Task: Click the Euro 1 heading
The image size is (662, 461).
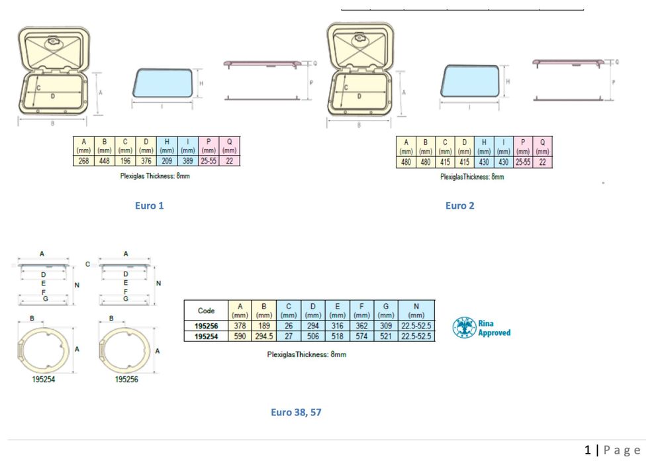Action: coord(149,205)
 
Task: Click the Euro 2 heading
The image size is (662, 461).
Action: coord(459,205)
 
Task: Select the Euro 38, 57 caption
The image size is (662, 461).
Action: coord(296,412)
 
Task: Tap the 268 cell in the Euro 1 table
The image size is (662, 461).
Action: coord(84,161)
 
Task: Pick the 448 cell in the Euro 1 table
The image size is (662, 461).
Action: coord(104,161)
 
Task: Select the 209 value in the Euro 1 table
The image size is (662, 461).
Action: coord(167,161)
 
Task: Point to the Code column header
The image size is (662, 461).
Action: coord(206,311)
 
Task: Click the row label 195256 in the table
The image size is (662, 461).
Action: coord(206,326)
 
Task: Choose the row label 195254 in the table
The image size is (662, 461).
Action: coord(206,336)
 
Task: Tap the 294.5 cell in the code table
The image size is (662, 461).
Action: coord(265,336)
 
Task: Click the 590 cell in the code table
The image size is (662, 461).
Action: coord(240,336)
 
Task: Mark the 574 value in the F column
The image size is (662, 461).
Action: coord(362,336)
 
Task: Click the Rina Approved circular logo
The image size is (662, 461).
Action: coord(465,328)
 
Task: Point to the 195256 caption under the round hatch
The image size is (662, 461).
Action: coord(126,380)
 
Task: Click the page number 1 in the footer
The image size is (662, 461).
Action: coord(587,450)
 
